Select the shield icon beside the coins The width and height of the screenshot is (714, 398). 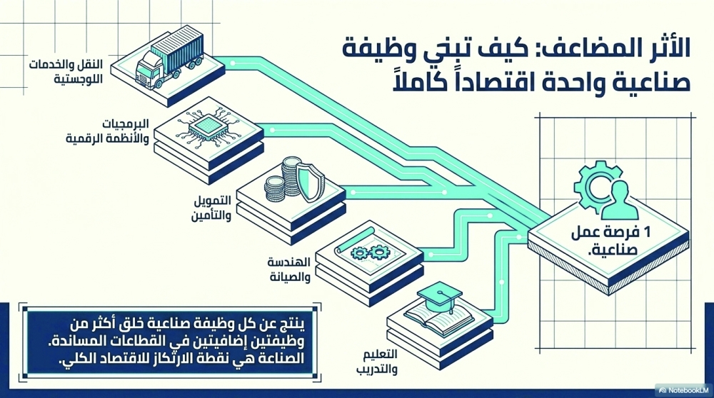(310, 182)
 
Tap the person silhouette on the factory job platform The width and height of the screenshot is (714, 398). (620, 201)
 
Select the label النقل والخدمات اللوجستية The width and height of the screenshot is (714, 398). (66, 71)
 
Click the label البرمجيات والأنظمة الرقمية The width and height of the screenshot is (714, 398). (108, 131)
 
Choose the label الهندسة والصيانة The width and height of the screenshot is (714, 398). (289, 269)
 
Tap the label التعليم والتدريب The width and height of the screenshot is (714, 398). (376, 362)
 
